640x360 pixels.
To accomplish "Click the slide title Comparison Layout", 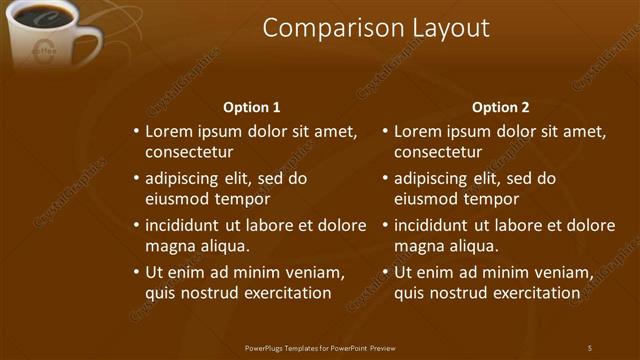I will coord(376,28).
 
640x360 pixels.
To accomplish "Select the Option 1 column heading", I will coord(251,107).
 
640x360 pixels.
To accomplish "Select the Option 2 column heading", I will coord(500,107).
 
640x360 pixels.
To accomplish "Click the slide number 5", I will coord(590,347).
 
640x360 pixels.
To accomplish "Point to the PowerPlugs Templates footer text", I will coord(320,347).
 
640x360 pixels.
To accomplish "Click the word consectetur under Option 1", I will coord(189,152).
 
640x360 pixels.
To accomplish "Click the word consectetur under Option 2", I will coord(438,152).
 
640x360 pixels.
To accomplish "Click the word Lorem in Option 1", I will coord(168,131).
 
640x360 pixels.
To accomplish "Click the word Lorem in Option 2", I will coord(417,131).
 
